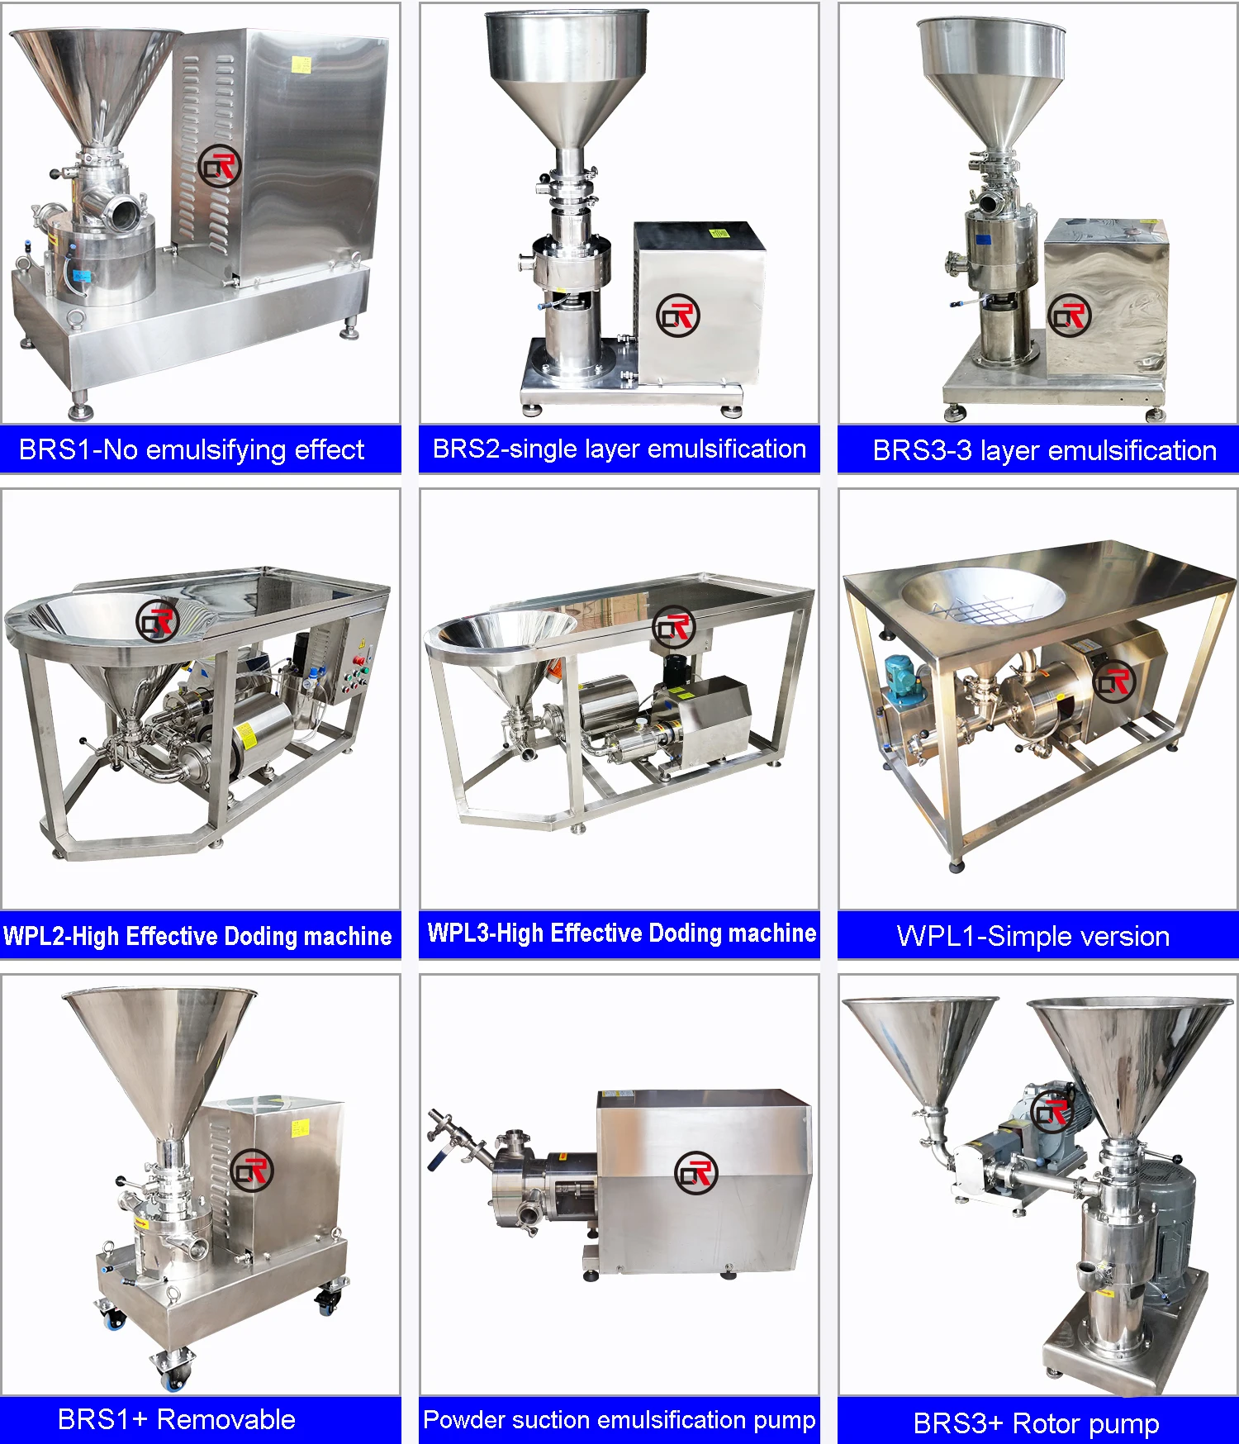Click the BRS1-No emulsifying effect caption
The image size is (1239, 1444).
point(192,450)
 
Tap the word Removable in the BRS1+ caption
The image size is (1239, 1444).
point(226,1419)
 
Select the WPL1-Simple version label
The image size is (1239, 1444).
point(1032,936)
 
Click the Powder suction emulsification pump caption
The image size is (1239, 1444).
point(619,1419)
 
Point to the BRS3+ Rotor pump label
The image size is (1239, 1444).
point(1036,1423)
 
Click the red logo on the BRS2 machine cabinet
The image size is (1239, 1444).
point(677,315)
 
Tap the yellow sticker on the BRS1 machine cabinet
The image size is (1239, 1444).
point(301,64)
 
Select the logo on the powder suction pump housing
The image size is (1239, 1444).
point(695,1172)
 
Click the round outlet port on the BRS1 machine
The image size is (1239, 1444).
point(125,211)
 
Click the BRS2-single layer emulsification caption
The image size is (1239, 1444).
point(619,449)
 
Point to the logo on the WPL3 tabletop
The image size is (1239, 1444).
point(673,627)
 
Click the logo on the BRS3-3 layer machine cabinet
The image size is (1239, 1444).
point(1069,315)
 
